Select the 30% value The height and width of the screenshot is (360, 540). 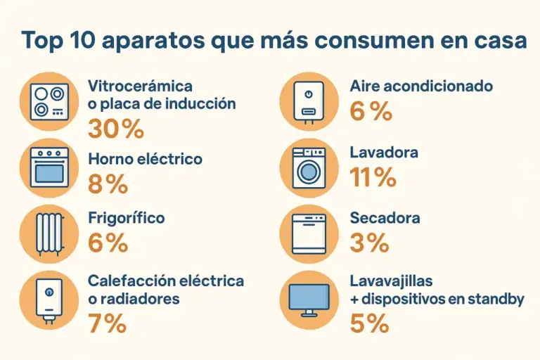[x=116, y=129]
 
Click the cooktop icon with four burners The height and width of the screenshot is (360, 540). [x=49, y=101]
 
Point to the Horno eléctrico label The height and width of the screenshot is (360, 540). [x=145, y=160]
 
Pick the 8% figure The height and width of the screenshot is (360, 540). [x=108, y=184]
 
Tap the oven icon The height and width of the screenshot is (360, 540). [x=49, y=167]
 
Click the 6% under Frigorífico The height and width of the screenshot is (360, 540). [x=108, y=243]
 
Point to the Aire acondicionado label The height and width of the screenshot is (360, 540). [x=421, y=86]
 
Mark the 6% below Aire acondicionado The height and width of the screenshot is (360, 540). [x=371, y=111]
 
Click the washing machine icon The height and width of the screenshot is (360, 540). [x=309, y=167]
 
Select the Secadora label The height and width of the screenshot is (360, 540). [x=385, y=218]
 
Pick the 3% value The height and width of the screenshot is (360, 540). [x=368, y=243]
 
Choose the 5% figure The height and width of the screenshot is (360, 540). [x=369, y=324]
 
